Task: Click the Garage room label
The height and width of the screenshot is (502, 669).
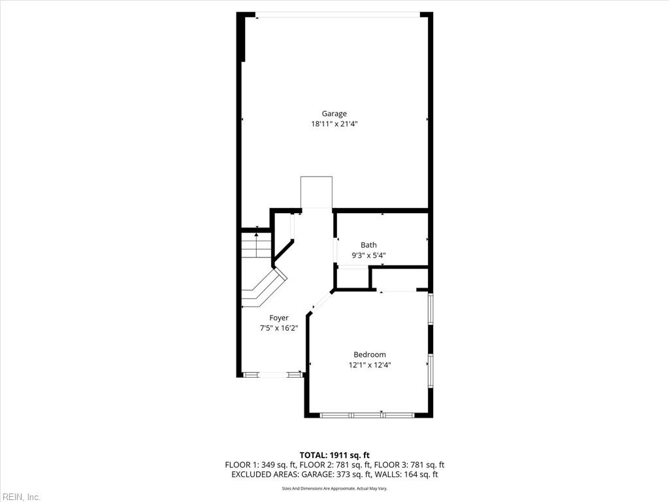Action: tap(334, 114)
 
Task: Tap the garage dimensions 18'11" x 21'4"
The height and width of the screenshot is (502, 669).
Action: tap(334, 124)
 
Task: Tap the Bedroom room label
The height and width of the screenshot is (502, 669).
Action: tap(370, 355)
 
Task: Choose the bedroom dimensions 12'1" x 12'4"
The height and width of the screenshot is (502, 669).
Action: tap(370, 365)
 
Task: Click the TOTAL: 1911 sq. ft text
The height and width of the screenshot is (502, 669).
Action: tap(334, 455)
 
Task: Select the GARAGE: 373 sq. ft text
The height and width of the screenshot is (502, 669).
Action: tap(354, 475)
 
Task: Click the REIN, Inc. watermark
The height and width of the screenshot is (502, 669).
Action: tap(20, 497)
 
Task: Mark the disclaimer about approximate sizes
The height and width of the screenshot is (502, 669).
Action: tap(334, 488)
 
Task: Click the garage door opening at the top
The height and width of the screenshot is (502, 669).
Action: tap(337, 14)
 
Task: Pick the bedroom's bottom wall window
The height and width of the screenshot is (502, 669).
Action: tap(367, 414)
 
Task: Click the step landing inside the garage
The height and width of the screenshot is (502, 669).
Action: tap(316, 192)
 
